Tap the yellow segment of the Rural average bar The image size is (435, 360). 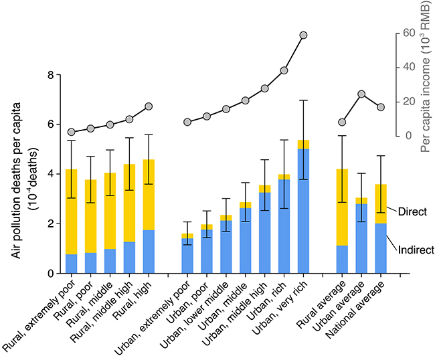[x=342, y=207]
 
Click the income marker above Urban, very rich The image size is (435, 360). [x=303, y=35]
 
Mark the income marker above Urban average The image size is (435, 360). [x=361, y=94]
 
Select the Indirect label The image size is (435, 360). [x=416, y=250]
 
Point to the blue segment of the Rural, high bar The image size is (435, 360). [x=149, y=252]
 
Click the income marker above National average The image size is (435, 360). [x=381, y=107]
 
